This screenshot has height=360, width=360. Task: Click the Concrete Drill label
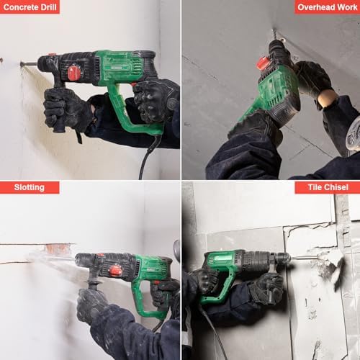pos(30,7)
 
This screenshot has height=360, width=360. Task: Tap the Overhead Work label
pos(327,7)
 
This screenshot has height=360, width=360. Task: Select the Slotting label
pos(30,187)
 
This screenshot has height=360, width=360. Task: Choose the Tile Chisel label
pos(327,187)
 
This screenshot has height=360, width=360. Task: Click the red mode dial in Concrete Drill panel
pos(73,73)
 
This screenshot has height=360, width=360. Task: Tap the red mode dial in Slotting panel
pos(115,270)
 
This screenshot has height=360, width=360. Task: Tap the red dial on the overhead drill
pos(264,63)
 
